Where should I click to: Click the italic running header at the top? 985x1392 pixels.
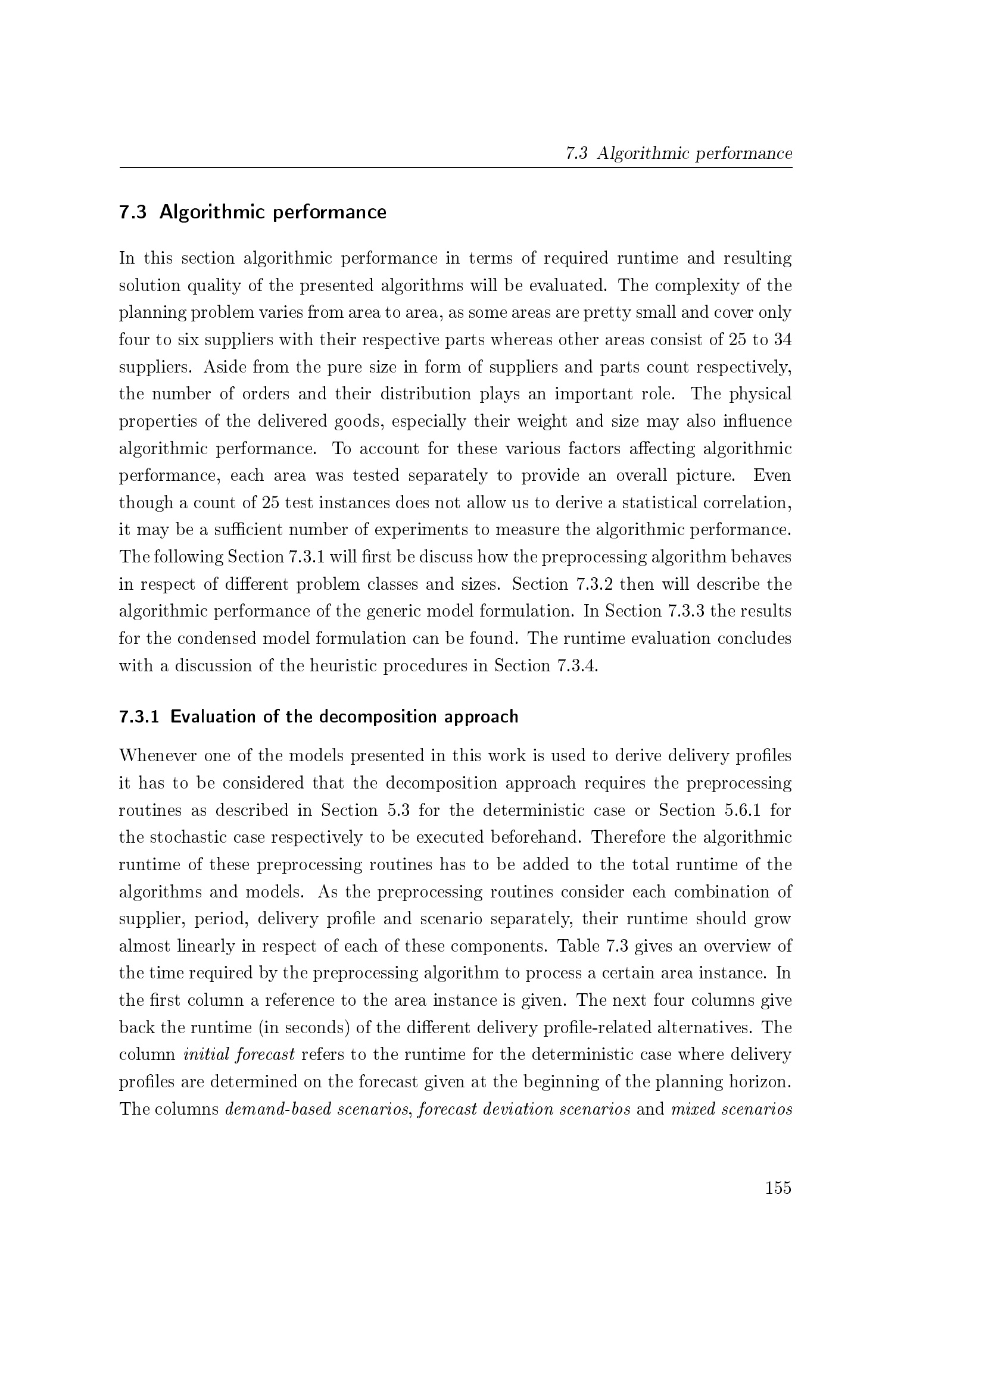click(x=679, y=154)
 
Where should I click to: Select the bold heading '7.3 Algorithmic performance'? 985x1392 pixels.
click(x=253, y=212)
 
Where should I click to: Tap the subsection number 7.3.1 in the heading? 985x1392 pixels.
click(x=139, y=717)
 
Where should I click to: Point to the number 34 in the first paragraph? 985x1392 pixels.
click(x=783, y=339)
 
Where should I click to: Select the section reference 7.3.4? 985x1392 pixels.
click(x=577, y=666)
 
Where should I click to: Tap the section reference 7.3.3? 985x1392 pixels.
click(x=686, y=611)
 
